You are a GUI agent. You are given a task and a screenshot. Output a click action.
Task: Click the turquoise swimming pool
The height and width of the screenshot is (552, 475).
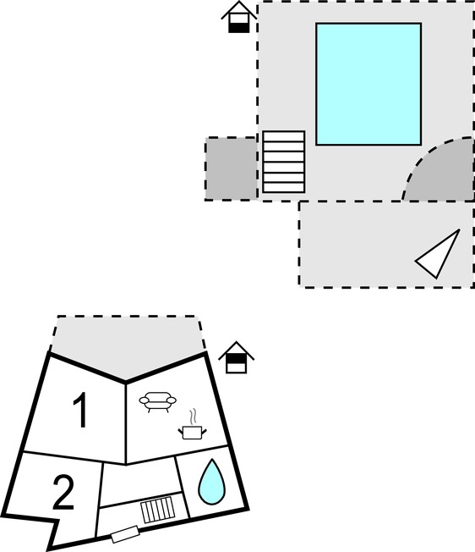369,84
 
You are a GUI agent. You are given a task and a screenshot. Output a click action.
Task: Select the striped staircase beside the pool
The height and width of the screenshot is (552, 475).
283,162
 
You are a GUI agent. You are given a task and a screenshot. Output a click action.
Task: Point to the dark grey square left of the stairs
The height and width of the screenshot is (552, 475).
231,168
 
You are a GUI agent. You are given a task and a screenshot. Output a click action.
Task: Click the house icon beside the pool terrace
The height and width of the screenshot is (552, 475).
239,17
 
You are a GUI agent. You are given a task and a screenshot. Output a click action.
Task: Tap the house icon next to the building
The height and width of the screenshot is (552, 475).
236,357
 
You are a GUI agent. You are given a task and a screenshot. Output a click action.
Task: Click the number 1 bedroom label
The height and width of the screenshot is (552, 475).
80,410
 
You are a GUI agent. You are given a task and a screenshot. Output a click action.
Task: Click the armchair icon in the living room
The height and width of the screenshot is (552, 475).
158,402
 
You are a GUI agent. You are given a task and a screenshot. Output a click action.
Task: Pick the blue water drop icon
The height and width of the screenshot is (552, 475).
211,481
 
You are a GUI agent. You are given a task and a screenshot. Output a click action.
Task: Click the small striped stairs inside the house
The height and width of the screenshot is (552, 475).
158,510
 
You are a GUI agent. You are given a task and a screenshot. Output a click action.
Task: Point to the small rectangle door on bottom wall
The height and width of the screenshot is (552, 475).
125,534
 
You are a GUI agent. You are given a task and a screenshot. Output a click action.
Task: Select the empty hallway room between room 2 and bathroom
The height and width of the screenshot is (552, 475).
140,483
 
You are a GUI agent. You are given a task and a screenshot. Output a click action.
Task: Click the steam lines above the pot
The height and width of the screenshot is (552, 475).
192,417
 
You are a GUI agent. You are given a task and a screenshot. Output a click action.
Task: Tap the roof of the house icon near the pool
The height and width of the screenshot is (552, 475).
239,9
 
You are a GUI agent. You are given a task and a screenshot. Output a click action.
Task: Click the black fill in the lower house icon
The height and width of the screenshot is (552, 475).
236,359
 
